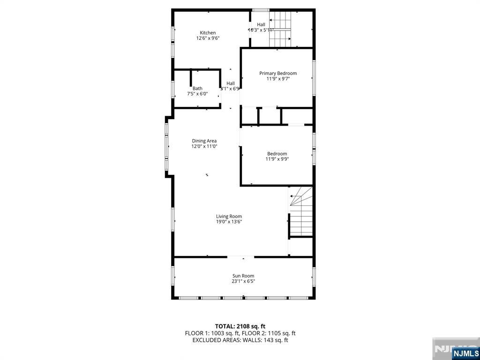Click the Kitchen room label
208,33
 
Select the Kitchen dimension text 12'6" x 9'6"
208,38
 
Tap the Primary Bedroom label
278,73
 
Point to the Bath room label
197,88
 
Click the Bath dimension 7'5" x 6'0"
197,94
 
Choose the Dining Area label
204,141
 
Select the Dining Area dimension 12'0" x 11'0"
204,146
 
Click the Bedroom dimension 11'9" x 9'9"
277,159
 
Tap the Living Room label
229,216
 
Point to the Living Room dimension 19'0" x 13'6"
229,222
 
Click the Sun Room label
243,276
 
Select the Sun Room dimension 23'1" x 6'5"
243,281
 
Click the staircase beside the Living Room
301,213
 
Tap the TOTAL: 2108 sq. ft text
240,326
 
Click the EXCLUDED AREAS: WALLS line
240,340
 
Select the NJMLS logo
465,352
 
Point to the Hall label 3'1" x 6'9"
231,86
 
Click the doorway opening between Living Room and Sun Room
241,257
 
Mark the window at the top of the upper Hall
260,10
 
